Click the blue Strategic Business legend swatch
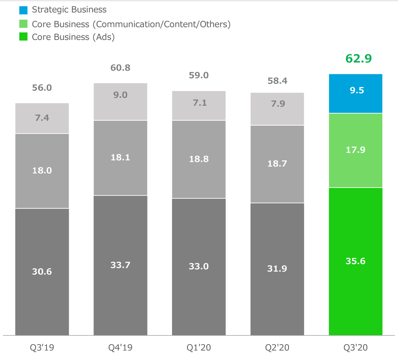click(x=23, y=10)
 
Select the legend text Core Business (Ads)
click(x=73, y=37)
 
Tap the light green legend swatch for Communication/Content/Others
click(x=23, y=24)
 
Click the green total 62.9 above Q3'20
click(x=358, y=59)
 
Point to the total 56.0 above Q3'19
click(x=42, y=88)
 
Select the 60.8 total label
click(x=120, y=68)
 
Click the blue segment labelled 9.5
click(x=355, y=94)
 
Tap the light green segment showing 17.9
click(x=355, y=150)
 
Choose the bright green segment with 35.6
click(x=355, y=261)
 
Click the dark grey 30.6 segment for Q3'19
click(x=42, y=272)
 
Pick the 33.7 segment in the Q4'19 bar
click(x=120, y=265)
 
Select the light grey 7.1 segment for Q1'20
click(x=199, y=105)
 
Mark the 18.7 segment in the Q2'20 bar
click(x=277, y=164)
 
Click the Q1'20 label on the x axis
click(x=199, y=348)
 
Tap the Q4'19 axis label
click(x=120, y=348)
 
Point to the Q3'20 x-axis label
click(x=355, y=348)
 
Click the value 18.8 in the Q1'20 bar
click(x=199, y=159)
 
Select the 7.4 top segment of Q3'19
click(x=42, y=118)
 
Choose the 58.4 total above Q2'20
click(x=277, y=81)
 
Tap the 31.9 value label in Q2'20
click(x=277, y=269)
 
